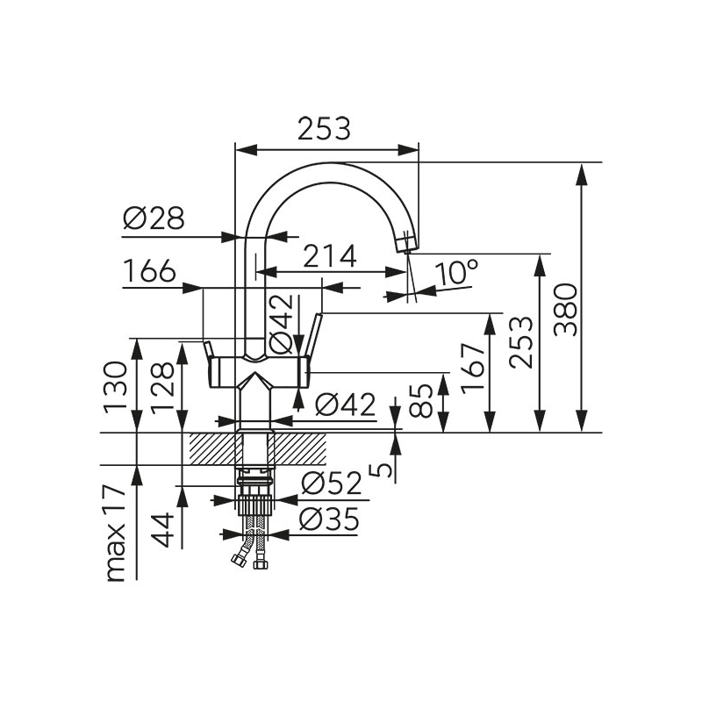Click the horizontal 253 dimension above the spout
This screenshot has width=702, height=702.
[324, 129]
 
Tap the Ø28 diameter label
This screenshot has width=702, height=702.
[154, 218]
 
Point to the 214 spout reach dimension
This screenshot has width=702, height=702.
[330, 256]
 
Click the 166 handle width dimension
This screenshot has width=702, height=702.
[149, 272]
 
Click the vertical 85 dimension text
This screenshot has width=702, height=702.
[425, 399]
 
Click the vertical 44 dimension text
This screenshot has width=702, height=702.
[161, 530]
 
